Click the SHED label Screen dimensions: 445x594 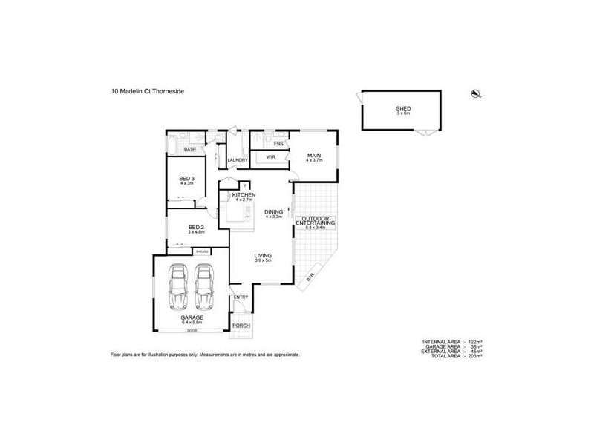(403, 108)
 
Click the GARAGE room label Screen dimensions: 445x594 (191, 318)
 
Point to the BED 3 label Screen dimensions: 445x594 (186, 179)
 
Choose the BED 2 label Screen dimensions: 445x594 (195, 228)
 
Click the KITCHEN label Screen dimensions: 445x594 (244, 194)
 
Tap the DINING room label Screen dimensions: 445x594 (274, 211)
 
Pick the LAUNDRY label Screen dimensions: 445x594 (238, 159)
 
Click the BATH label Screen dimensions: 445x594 (189, 150)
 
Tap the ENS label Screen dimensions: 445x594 (278, 143)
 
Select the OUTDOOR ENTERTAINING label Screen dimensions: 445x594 (316, 220)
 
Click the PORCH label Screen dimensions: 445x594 (241, 326)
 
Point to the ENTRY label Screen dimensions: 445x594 (241, 297)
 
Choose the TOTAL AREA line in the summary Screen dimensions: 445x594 (451, 357)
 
